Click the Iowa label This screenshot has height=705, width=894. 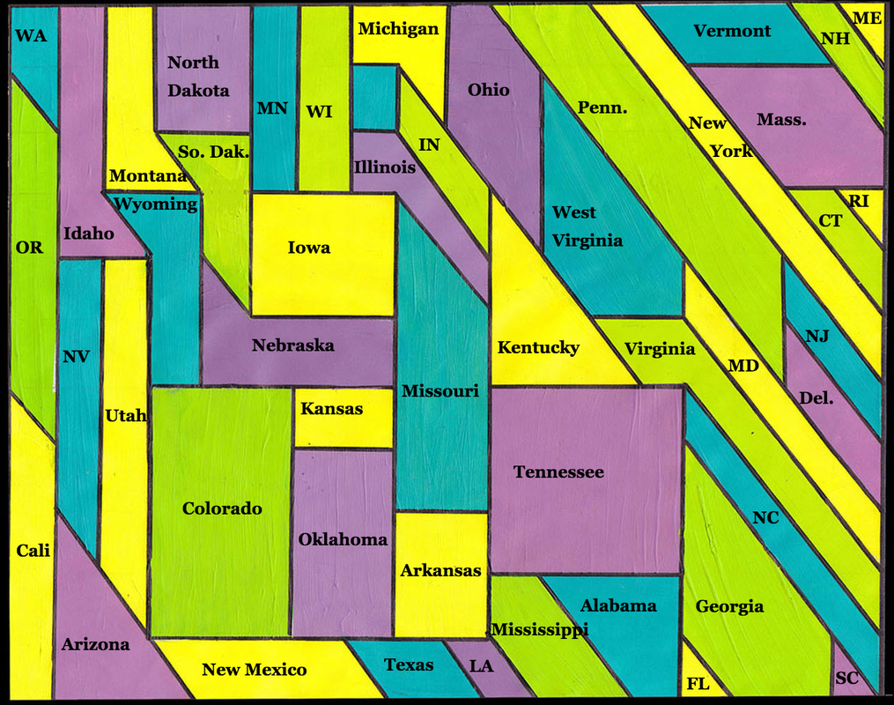tap(309, 248)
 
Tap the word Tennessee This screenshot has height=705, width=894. tap(558, 472)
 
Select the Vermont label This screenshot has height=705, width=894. tap(732, 31)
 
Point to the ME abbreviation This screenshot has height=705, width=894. tap(868, 18)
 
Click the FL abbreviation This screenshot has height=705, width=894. tap(698, 684)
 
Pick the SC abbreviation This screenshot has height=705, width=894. tap(846, 679)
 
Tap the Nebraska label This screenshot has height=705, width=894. tap(292, 345)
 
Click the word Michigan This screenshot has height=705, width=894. tap(398, 29)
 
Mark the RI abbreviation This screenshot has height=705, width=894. tap(859, 201)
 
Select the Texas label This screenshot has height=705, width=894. tap(409, 664)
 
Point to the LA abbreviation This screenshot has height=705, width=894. tap(481, 666)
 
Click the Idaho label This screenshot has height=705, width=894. tap(88, 234)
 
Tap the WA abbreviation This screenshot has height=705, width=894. tap(31, 36)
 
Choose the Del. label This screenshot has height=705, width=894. tap(816, 398)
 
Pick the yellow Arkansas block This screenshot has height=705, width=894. tap(440, 571)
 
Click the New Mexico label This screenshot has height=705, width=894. tap(254, 670)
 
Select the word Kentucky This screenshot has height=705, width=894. tap(538, 347)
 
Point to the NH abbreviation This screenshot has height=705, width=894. tap(835, 39)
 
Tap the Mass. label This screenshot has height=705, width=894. tap(780, 119)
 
